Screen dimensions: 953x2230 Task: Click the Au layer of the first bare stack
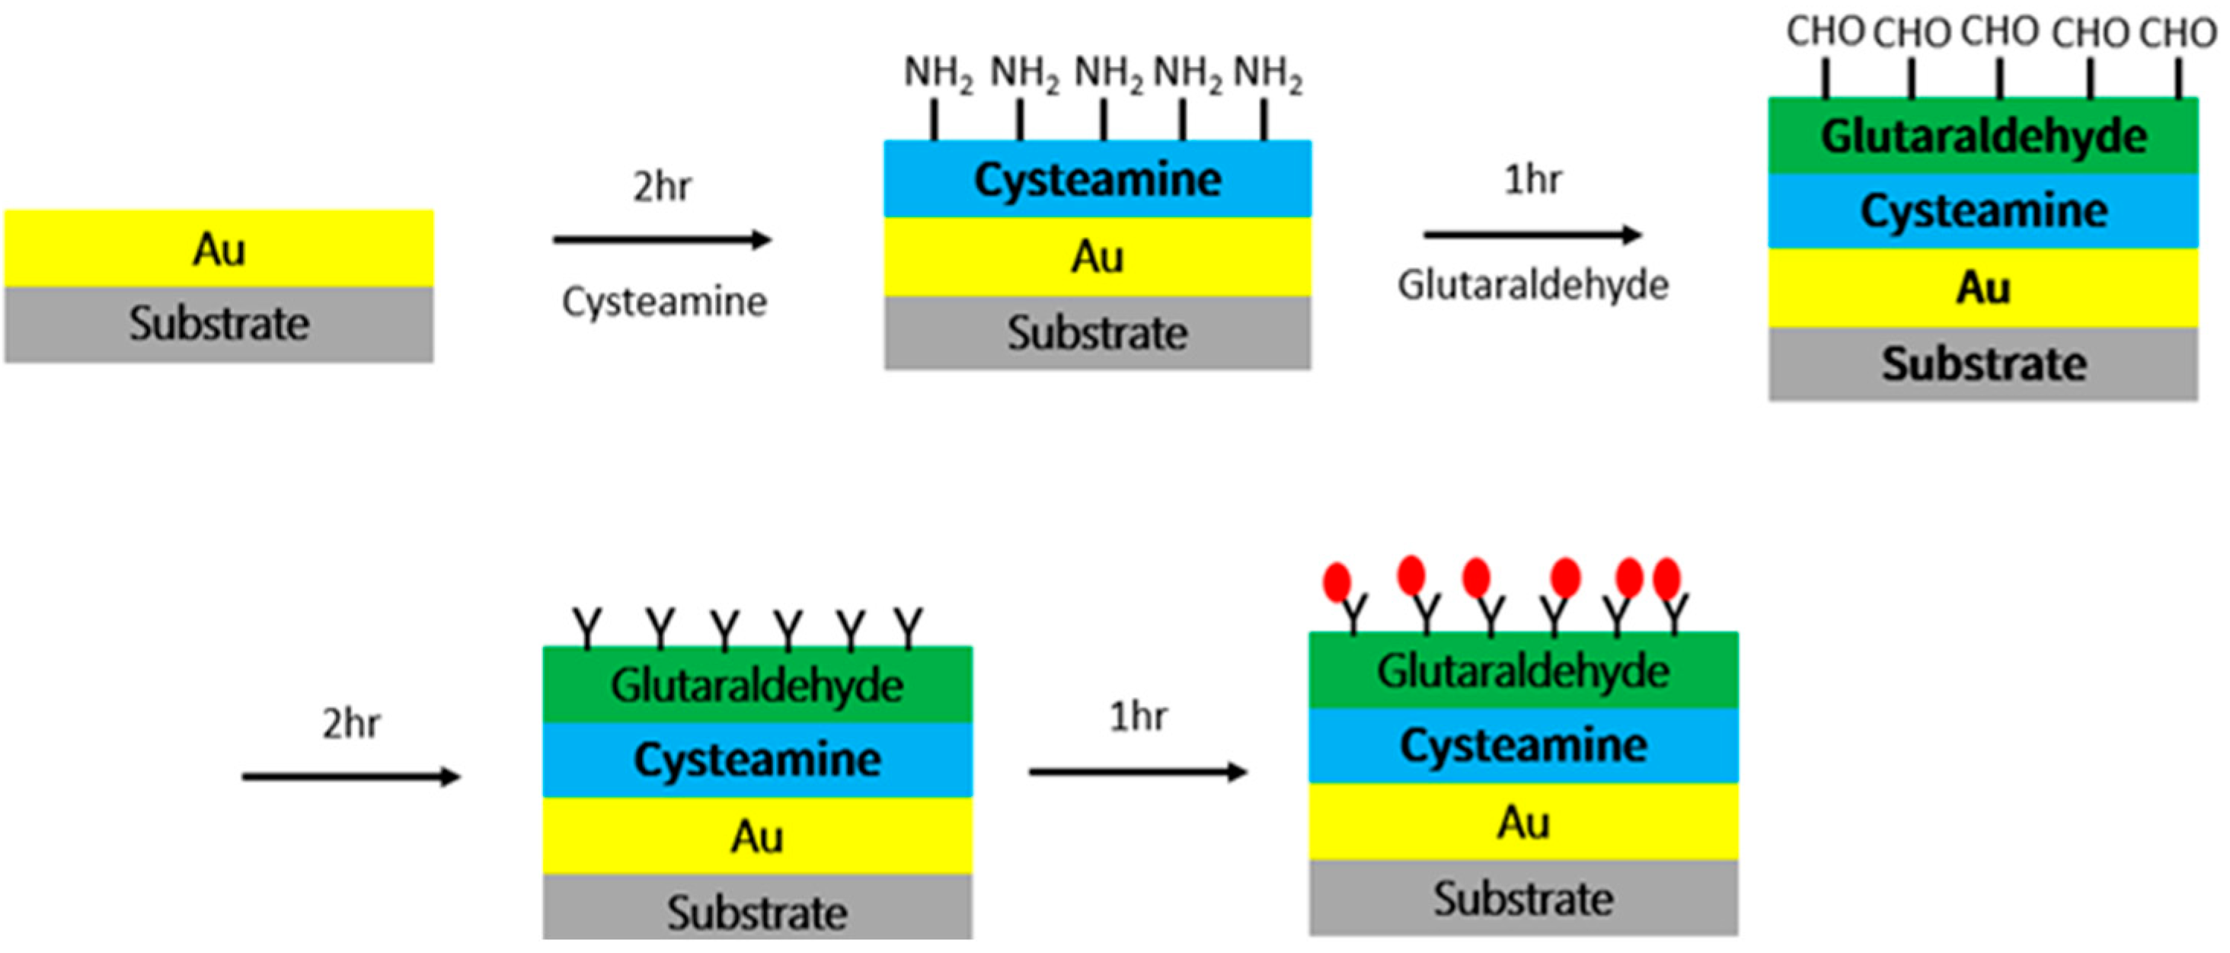(219, 248)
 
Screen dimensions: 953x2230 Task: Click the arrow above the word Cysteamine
(663, 240)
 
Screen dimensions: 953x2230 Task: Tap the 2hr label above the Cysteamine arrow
(663, 186)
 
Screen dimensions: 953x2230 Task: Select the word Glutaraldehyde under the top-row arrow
(1533, 285)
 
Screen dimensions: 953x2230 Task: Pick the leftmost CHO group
(1825, 32)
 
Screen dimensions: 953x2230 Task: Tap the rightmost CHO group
(2177, 34)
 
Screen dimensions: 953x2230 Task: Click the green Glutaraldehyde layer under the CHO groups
(1983, 136)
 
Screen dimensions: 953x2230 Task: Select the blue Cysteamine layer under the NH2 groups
(1097, 179)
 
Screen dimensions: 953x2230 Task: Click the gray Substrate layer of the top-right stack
(1983, 363)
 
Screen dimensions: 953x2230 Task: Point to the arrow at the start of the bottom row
(350, 776)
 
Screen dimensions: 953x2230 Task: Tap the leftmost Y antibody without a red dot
(587, 628)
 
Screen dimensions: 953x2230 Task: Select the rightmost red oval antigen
(1666, 578)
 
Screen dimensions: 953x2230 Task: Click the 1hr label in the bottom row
(1138, 717)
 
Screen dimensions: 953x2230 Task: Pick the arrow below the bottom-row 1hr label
(1138, 771)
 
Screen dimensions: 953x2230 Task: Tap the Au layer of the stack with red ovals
(1522, 821)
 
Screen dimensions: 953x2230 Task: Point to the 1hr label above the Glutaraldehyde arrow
(1533, 180)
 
